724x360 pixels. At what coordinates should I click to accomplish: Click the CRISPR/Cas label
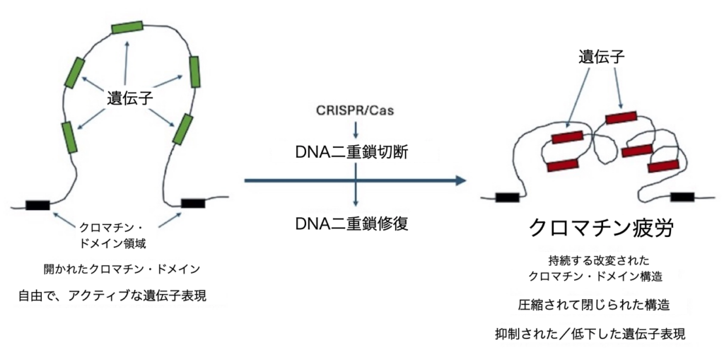354,111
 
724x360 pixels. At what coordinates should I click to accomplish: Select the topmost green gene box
127,27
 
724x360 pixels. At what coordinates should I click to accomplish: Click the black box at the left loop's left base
37,205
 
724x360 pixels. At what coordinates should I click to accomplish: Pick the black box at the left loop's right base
193,204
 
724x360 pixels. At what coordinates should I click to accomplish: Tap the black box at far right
682,197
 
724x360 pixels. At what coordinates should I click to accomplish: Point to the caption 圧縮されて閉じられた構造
594,305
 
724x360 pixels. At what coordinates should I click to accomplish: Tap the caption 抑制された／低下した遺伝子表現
590,333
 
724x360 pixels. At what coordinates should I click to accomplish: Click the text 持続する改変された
593,260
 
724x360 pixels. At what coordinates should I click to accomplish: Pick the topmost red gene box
621,117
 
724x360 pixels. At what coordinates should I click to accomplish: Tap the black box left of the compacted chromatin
507,197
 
